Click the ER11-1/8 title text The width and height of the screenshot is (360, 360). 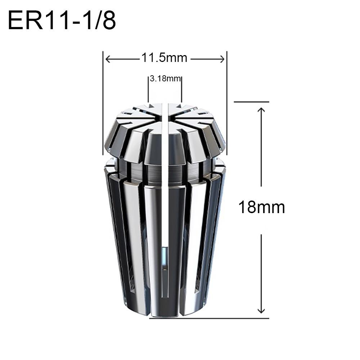click(x=62, y=21)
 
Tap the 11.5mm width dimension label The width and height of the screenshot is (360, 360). click(x=164, y=58)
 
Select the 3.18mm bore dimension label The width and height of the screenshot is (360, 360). click(x=165, y=78)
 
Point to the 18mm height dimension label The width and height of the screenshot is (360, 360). click(x=262, y=207)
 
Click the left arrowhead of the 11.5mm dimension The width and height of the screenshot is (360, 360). click(x=108, y=59)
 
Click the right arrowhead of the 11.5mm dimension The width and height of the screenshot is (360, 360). click(x=222, y=59)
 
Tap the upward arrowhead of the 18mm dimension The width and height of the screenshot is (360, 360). click(x=262, y=109)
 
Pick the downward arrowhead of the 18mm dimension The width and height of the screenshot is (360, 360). click(x=262, y=310)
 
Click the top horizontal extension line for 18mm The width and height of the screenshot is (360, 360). click(x=251, y=102)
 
